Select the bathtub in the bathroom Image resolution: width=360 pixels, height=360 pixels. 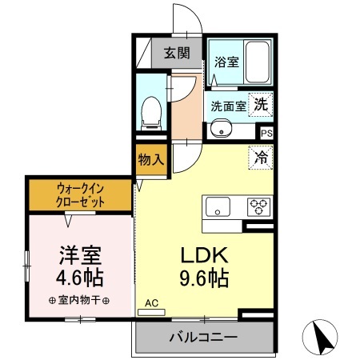tap(257, 59)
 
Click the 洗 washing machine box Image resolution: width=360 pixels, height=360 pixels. tap(262, 102)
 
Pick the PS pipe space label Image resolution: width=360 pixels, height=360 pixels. tap(266, 133)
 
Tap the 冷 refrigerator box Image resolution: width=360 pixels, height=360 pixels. tap(261, 157)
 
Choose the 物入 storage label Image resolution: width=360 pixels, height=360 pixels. tap(151, 158)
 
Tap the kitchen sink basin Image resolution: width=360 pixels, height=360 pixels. tap(218, 207)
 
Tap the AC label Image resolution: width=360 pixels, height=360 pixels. tap(151, 304)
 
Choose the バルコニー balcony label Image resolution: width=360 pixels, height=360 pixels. tap(202, 338)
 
